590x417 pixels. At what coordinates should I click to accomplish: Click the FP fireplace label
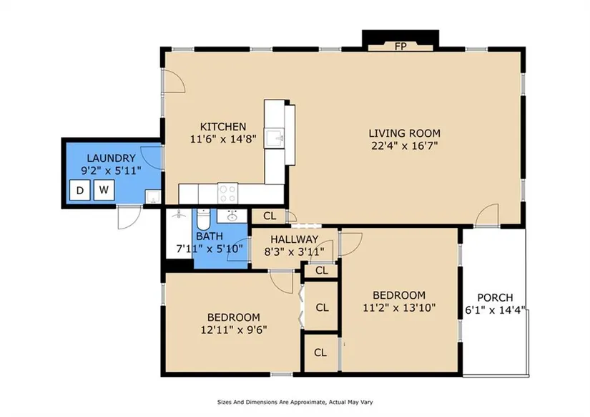click(x=400, y=47)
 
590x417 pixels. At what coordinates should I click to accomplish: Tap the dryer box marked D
click(x=80, y=190)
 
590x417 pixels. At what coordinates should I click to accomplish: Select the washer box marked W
click(x=104, y=190)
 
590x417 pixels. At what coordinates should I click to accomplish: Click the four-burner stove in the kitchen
click(x=227, y=193)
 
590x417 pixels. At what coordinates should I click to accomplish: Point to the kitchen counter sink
click(x=275, y=138)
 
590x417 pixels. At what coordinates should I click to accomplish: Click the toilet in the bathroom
click(x=203, y=219)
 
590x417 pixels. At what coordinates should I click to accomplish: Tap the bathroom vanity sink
click(x=232, y=216)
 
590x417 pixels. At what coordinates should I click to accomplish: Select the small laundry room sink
click(x=153, y=197)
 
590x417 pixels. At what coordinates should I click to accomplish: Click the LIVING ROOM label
click(x=405, y=133)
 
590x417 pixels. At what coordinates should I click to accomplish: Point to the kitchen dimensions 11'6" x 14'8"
click(x=223, y=139)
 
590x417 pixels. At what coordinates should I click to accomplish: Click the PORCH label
click(x=495, y=298)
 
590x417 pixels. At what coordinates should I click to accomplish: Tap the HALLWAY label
click(x=294, y=239)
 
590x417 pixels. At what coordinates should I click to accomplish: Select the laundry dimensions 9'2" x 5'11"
click(x=112, y=171)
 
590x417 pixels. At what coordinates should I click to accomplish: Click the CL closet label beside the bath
click(x=270, y=216)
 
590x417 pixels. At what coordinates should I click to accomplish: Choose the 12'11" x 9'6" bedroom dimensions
click(x=234, y=330)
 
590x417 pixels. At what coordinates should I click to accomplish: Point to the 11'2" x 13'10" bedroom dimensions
click(x=399, y=307)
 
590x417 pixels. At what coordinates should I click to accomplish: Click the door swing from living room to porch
click(x=488, y=215)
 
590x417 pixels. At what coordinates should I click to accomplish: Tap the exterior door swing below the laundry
click(x=129, y=218)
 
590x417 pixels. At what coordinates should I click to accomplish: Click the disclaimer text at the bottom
click(x=295, y=402)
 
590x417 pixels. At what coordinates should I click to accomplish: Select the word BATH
click(x=210, y=236)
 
